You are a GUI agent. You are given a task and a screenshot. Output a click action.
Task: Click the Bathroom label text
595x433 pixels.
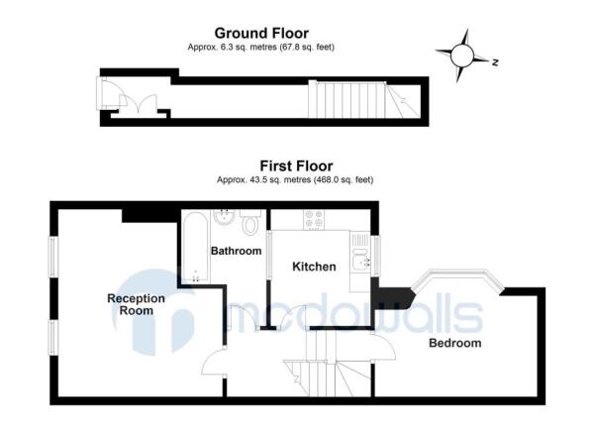pyautogui.click(x=236, y=252)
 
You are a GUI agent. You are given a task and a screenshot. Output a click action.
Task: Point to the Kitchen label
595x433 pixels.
pyautogui.click(x=314, y=267)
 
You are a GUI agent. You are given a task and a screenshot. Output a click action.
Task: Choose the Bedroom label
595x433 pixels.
pyautogui.click(x=454, y=344)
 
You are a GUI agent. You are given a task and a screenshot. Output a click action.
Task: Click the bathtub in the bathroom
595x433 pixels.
pyautogui.click(x=192, y=248)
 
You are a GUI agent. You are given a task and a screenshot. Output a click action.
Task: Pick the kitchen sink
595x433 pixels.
pyautogui.click(x=361, y=257)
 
